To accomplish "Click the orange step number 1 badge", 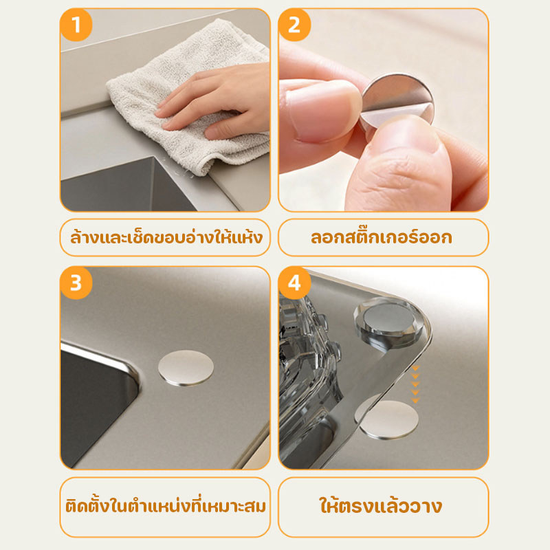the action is (76, 25).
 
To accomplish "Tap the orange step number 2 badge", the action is (294, 25).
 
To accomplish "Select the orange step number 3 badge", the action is (76, 283).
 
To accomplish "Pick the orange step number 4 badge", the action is (294, 283).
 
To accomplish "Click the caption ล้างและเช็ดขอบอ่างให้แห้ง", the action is (166, 237).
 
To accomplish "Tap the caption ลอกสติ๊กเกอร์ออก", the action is (382, 237).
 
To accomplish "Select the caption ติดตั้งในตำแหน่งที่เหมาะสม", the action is (166, 507).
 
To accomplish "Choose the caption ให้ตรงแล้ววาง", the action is (381, 505).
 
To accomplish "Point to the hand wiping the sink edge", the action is (214, 102).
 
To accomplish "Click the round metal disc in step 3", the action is (186, 368).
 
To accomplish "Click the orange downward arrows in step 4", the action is (415, 384).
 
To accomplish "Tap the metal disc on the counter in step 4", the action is (388, 419).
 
